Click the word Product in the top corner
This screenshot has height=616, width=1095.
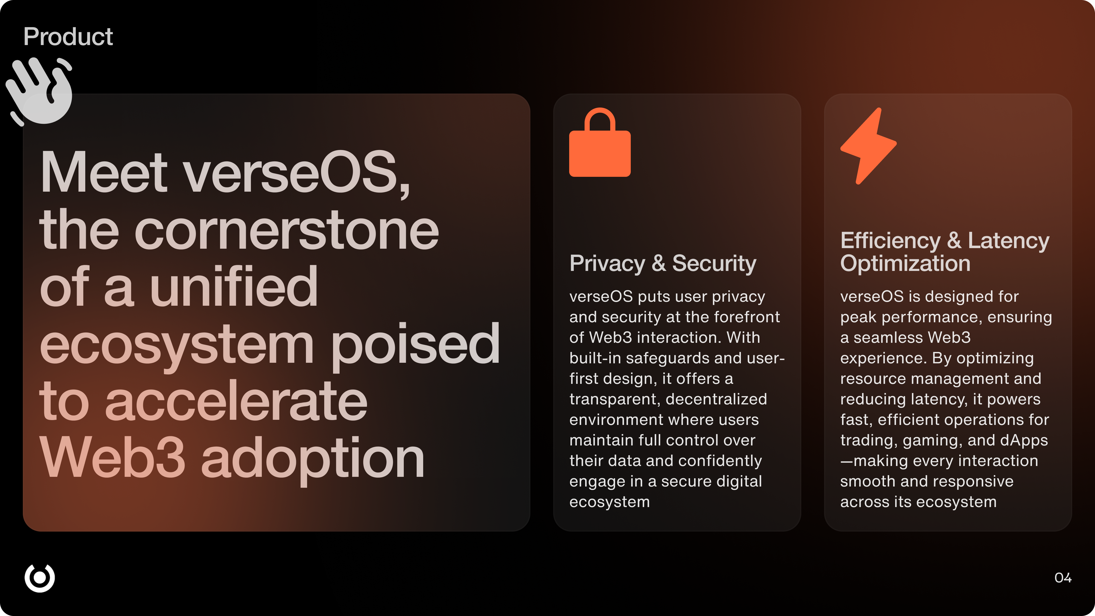(x=68, y=37)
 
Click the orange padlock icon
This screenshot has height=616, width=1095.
(x=600, y=142)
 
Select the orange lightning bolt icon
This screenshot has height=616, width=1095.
(x=868, y=146)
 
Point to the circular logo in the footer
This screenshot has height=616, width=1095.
(x=40, y=578)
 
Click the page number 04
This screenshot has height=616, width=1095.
(x=1063, y=578)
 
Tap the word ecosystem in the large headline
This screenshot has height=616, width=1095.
(x=177, y=345)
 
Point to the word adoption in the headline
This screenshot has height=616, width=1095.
(x=313, y=460)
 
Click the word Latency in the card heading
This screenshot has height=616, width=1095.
(x=1008, y=241)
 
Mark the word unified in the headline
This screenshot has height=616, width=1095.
(x=234, y=287)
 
